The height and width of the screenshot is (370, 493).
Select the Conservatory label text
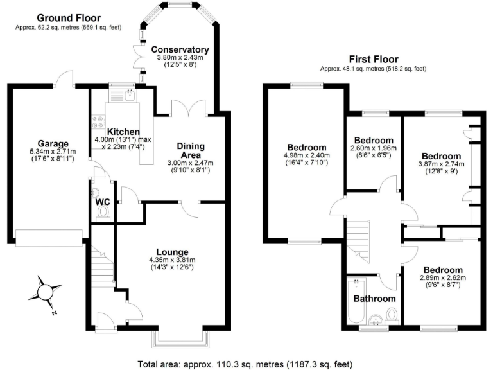pyautogui.click(x=180, y=49)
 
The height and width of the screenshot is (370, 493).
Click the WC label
pyautogui.click(x=102, y=203)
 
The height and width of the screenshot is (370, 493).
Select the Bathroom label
pyautogui.click(x=374, y=298)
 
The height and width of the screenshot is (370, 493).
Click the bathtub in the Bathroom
pyautogui.click(x=355, y=301)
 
